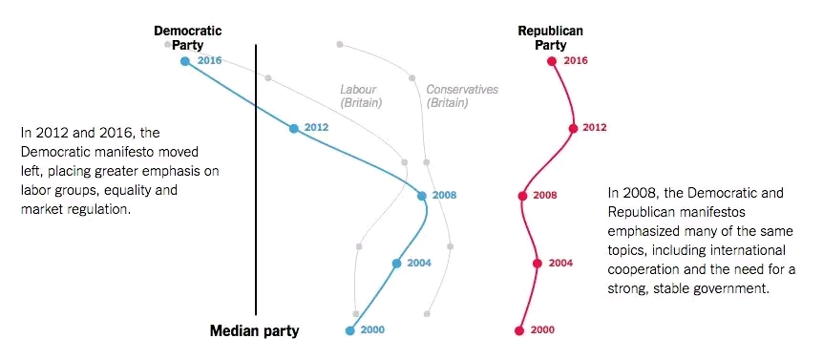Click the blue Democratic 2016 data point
tap(185, 61)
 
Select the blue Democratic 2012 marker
tap(294, 128)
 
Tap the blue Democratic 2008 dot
tap(422, 196)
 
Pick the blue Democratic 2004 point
tap(396, 264)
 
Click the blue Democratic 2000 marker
tap(349, 331)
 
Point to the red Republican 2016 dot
tap(551, 61)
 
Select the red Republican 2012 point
tap(573, 128)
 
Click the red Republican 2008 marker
tap(522, 196)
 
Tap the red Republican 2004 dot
tap(537, 264)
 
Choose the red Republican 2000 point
tap(519, 331)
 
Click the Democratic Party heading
tap(187, 37)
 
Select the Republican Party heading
tap(550, 37)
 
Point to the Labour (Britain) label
tap(361, 96)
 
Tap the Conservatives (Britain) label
tap(462, 96)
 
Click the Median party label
tap(254, 331)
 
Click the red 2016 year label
tap(576, 61)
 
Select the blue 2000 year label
tap(372, 331)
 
